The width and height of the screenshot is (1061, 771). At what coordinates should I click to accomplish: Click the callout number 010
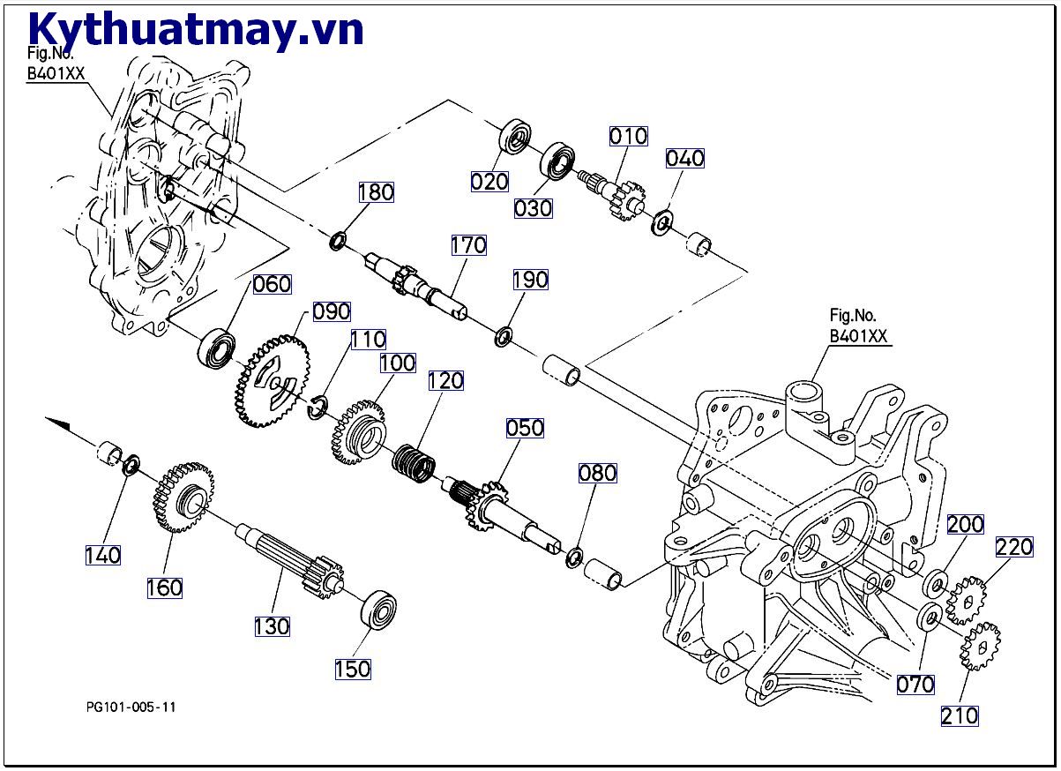point(628,137)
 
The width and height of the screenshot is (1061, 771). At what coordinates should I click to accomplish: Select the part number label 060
point(272,284)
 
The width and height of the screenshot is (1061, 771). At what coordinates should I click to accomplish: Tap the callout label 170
point(468,245)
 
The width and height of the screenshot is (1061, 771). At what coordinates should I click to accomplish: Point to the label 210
point(960,715)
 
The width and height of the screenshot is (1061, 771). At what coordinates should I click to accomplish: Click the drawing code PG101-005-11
point(131,707)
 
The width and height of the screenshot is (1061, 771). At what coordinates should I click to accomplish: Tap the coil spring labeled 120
point(413,464)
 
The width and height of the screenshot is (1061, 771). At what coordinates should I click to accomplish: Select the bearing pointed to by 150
point(380,608)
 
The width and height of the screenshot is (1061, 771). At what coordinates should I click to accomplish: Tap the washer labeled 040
point(662,221)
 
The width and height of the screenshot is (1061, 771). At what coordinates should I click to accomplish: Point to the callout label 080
point(597,473)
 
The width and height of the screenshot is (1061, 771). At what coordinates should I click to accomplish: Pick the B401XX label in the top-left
point(56,74)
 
